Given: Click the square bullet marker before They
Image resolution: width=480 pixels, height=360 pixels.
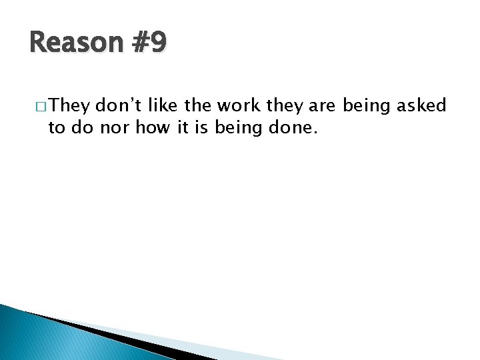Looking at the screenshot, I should (x=41, y=107).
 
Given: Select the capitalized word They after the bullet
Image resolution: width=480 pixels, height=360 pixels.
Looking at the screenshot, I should (x=70, y=105).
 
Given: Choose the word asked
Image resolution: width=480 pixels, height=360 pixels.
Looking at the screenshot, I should (x=423, y=105).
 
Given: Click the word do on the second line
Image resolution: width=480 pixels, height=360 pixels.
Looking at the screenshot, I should (x=81, y=127).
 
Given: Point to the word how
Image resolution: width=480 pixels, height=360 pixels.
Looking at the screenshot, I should (x=153, y=127).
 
